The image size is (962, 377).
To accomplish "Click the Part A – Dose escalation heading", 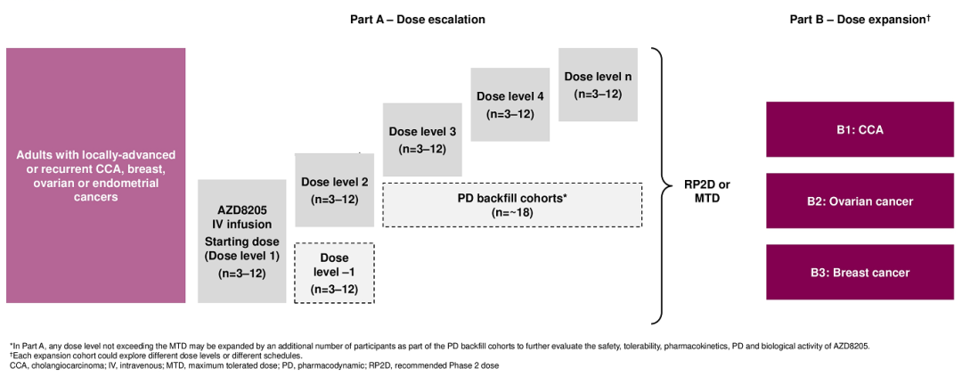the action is point(417,20).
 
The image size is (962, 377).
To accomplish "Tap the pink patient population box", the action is point(95,176).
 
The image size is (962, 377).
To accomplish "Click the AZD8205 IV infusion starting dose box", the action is point(241,242).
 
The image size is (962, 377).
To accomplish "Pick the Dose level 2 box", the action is point(334,191).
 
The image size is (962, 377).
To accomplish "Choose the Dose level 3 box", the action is point(422,140).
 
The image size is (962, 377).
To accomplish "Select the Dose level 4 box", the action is point(510,104).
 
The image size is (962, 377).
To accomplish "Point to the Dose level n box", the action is point(598,85).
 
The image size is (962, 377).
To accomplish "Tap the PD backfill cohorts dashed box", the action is point(512,205).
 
